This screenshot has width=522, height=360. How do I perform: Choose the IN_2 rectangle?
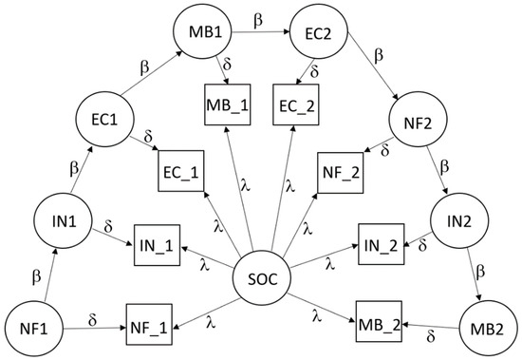[380, 243]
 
